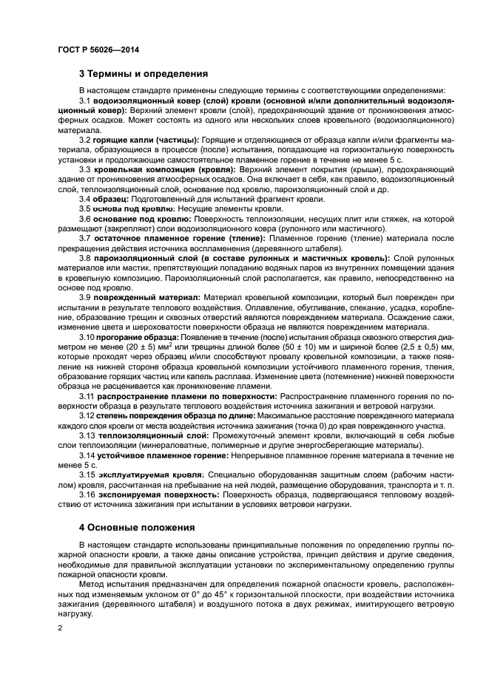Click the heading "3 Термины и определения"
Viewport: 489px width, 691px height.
click(x=143, y=74)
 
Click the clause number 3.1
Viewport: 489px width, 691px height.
click(x=85, y=100)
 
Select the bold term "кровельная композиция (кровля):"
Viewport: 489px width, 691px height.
click(x=145, y=169)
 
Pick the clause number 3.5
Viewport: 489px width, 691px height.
click(x=85, y=209)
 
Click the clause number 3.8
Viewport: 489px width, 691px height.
click(x=85, y=258)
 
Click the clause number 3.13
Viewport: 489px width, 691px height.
click(x=87, y=435)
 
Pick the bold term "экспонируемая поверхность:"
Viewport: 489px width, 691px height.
click(x=151, y=494)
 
